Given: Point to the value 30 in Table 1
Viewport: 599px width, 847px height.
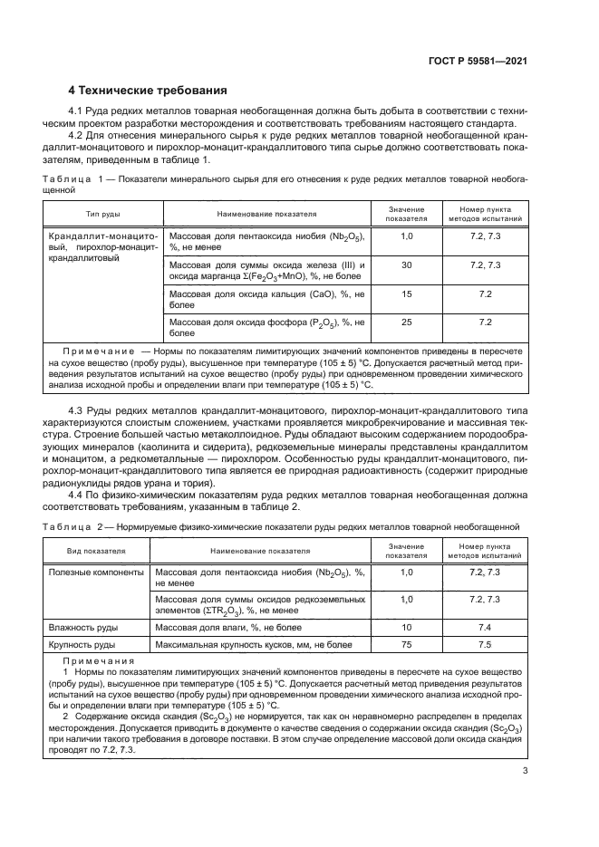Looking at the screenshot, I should pyautogui.click(x=406, y=265).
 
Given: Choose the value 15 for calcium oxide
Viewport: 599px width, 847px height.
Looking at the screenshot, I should pyautogui.click(x=406, y=294).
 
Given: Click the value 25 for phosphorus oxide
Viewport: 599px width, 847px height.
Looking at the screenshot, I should pyautogui.click(x=406, y=322).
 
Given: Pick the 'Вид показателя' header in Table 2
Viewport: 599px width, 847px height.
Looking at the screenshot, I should pyautogui.click(x=96, y=551).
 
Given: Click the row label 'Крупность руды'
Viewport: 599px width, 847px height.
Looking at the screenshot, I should pyautogui.click(x=82, y=644).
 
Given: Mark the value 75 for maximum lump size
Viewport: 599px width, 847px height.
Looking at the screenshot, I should pyautogui.click(x=406, y=644).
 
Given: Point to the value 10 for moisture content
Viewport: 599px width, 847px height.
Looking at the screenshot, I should pyautogui.click(x=406, y=627).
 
